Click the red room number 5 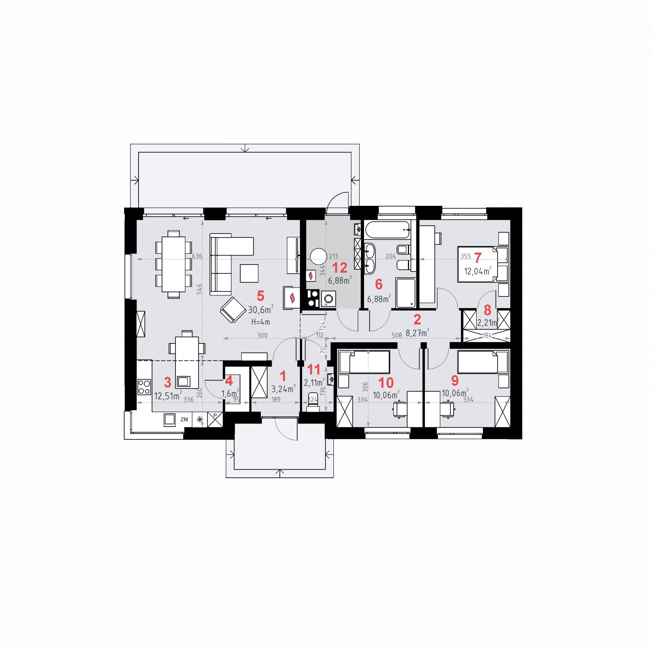[260, 296]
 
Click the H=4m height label [260, 322]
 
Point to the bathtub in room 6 [387, 230]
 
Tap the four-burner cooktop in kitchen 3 [144, 387]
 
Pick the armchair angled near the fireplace [233, 310]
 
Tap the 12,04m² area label [478, 271]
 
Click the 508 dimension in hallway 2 [397, 335]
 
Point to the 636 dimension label [197, 256]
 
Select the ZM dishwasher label [184, 420]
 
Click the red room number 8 [487, 310]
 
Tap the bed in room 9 [483, 362]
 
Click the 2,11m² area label [314, 383]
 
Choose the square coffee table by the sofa [249, 273]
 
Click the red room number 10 [386, 383]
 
